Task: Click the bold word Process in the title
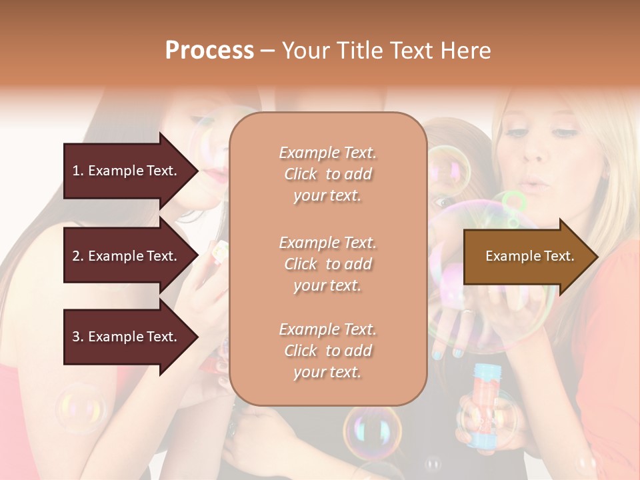click(209, 50)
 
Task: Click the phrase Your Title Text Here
click(387, 50)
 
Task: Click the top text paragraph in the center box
click(328, 174)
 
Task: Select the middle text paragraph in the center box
click(328, 264)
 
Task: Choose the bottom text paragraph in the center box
click(328, 351)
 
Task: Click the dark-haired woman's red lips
click(212, 175)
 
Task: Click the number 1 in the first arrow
click(76, 171)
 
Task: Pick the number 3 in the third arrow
click(76, 337)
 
